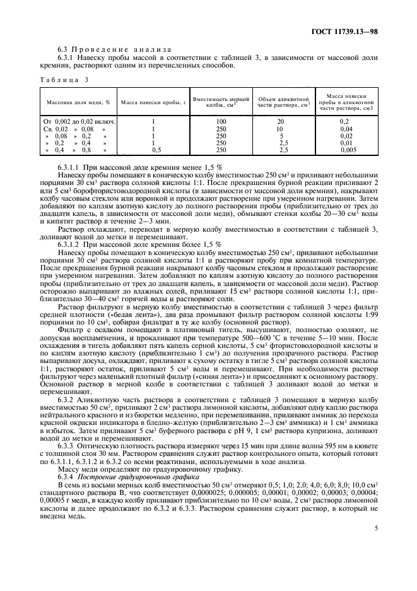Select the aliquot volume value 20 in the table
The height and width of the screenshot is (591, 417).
click(280, 121)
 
